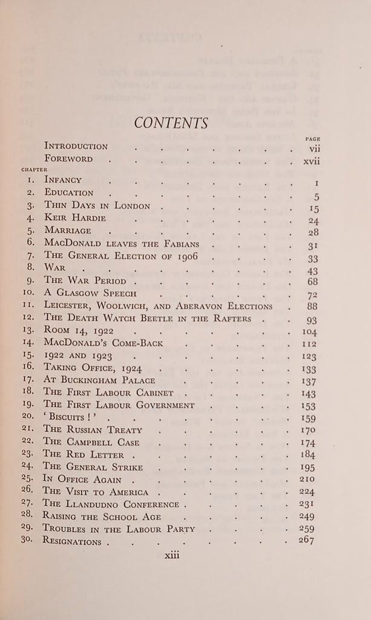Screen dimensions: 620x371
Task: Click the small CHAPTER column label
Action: point(34,170)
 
